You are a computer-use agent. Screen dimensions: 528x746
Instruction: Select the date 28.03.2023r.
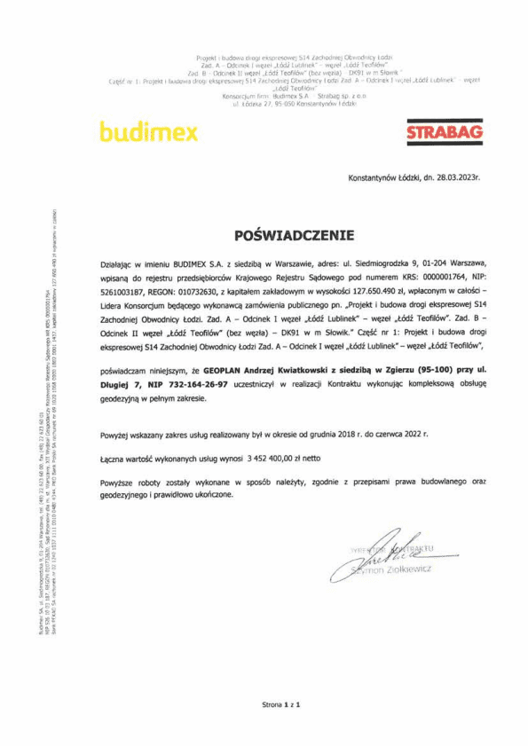click(x=454, y=177)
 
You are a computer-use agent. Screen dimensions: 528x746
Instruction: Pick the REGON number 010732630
click(x=204, y=289)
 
